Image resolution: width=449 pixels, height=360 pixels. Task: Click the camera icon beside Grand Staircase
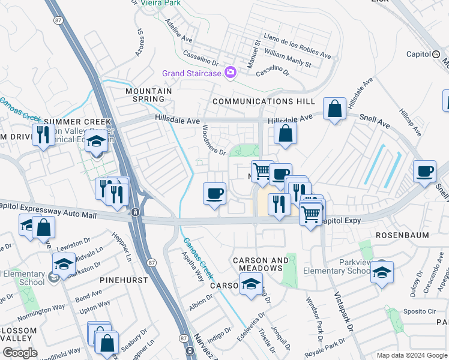click(x=230, y=73)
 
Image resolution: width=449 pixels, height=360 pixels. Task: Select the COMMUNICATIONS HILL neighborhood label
click(x=255, y=102)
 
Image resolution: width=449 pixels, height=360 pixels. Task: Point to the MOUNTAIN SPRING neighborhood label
click(x=148, y=95)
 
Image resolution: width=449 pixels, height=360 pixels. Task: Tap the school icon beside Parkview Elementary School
click(x=382, y=271)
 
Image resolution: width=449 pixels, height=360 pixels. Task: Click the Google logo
click(x=20, y=353)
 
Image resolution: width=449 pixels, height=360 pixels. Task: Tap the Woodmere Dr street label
click(x=214, y=140)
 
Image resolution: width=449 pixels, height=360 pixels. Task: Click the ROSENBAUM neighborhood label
click(x=402, y=235)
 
